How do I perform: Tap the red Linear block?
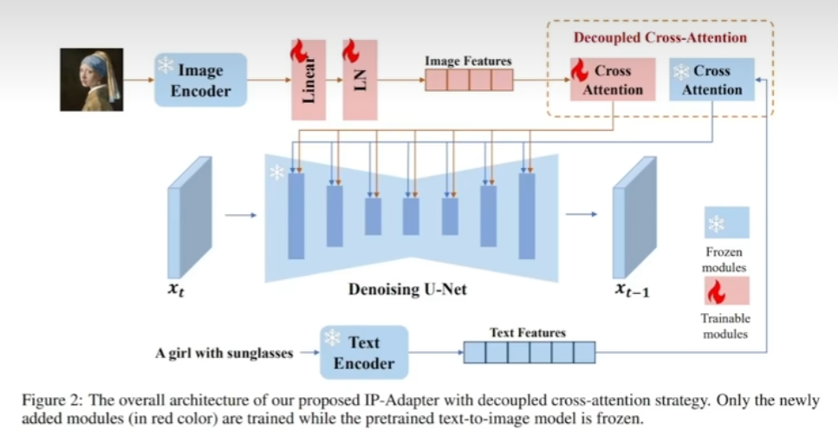point(309,80)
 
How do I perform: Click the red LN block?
point(360,80)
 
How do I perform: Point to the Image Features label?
point(468,62)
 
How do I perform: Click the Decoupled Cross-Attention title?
point(659,37)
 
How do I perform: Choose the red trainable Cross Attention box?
point(612,80)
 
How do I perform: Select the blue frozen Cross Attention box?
point(711,80)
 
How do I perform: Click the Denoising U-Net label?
point(407,290)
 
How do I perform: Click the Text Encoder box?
point(363,352)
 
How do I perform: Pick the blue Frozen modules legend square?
point(726,223)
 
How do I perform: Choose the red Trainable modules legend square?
point(726,290)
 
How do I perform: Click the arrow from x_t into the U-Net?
point(241,215)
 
